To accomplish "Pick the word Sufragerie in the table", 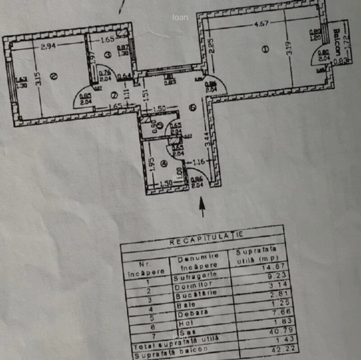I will click(x=195, y=274).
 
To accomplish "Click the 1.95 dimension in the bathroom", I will click(x=153, y=164).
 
